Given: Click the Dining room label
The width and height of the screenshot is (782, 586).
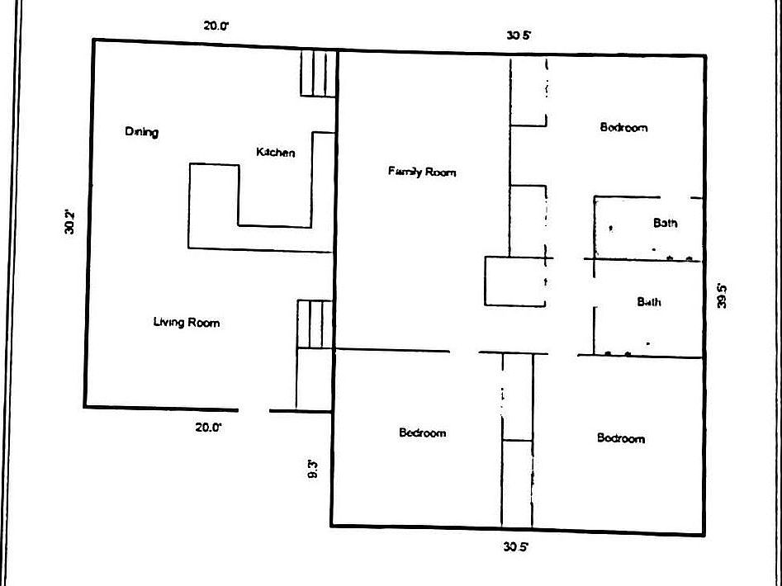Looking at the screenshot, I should click(x=141, y=132).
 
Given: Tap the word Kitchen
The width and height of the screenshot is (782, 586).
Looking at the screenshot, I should click(x=275, y=153).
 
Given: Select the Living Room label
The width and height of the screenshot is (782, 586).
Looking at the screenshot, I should click(x=187, y=323).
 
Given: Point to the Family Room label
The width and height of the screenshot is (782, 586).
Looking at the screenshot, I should click(x=422, y=172).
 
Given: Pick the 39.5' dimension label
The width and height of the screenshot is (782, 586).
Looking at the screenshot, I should click(x=722, y=295).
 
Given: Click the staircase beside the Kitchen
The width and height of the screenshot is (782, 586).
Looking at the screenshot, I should click(x=319, y=73).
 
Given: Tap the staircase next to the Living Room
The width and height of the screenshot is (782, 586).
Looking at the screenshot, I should click(x=315, y=324).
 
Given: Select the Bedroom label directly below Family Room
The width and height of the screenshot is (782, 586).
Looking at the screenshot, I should click(x=422, y=432).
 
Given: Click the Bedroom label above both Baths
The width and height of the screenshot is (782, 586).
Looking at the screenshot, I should click(x=623, y=128).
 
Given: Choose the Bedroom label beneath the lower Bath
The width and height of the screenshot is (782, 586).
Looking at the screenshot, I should click(x=621, y=438).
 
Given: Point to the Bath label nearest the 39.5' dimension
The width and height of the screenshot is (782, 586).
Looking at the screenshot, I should click(x=649, y=302).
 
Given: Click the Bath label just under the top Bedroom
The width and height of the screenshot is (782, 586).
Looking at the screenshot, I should click(x=665, y=223).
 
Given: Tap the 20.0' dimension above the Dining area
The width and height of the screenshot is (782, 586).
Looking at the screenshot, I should click(x=216, y=26).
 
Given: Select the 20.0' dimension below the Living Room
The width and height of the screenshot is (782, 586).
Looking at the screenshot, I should click(x=208, y=427).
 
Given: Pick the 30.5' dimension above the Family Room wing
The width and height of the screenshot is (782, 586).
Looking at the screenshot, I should click(x=519, y=35).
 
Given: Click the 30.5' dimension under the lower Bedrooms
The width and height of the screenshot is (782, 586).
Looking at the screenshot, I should click(x=516, y=546).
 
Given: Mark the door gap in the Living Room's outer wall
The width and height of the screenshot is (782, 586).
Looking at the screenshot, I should click(x=254, y=409).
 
